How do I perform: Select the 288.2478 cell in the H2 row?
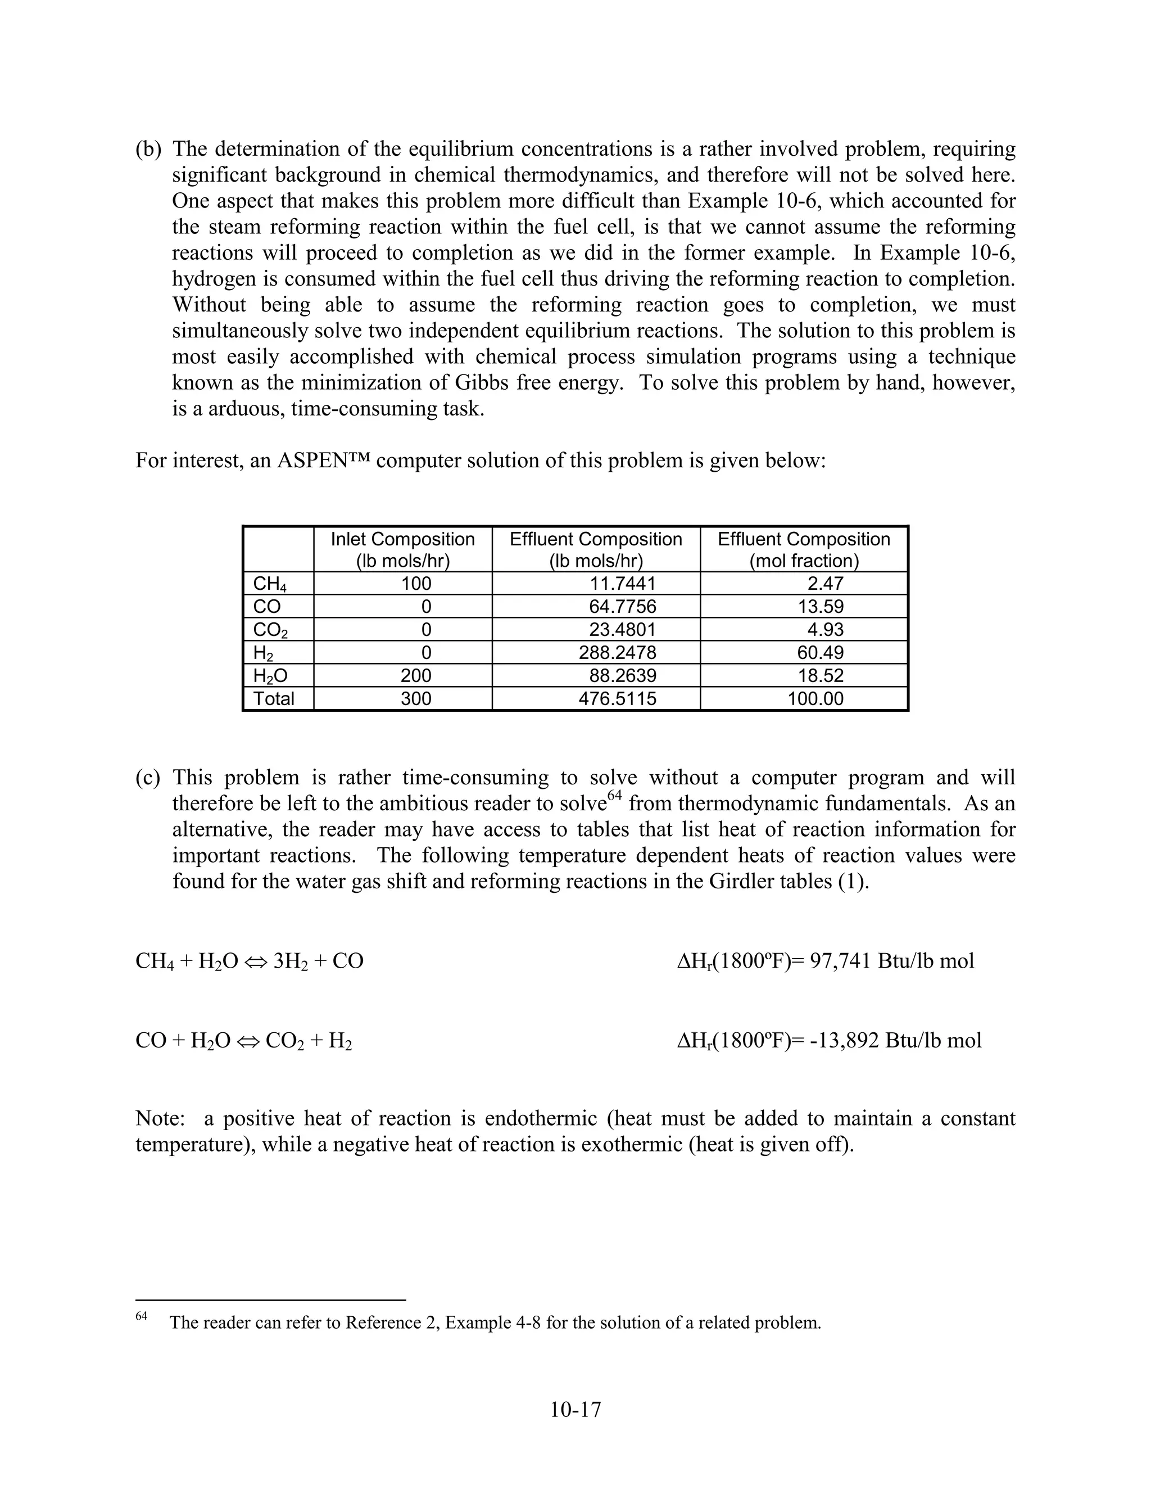[x=617, y=653]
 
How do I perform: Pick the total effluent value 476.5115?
[x=617, y=698]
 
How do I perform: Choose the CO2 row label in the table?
[x=270, y=630]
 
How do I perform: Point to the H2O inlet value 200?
[x=416, y=675]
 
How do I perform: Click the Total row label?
[x=274, y=698]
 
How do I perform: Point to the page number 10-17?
[x=575, y=1410]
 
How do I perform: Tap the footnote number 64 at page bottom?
[x=141, y=1316]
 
